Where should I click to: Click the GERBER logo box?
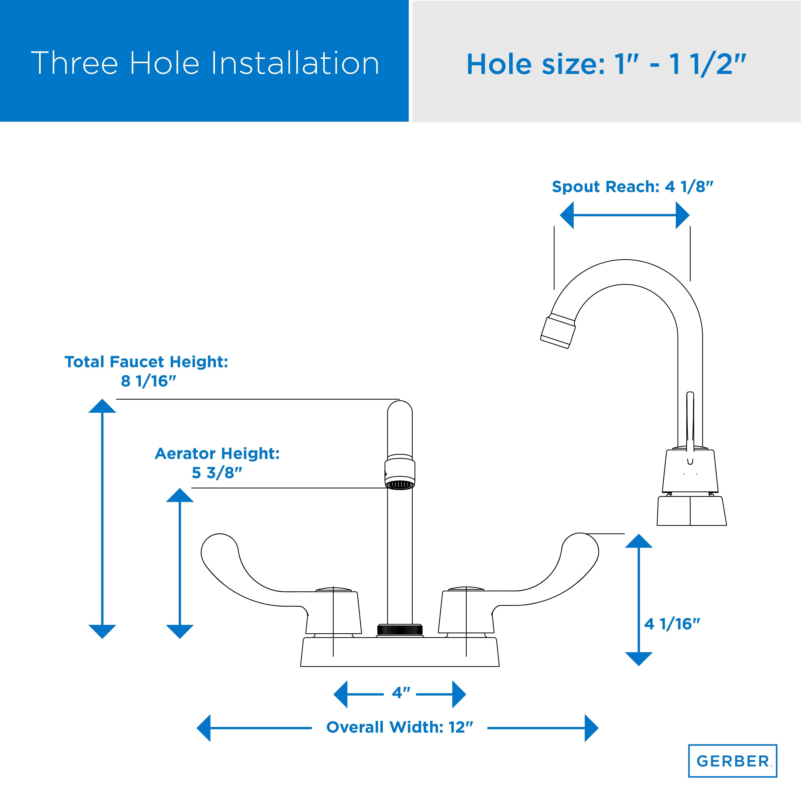[x=733, y=761]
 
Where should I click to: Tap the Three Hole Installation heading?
[x=205, y=63]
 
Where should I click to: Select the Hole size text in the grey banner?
[x=606, y=64]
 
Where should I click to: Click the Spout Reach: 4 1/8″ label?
[x=632, y=187]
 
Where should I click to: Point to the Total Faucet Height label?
[x=146, y=371]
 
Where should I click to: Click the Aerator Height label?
[x=217, y=463]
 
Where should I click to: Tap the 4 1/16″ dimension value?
[x=672, y=636]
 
